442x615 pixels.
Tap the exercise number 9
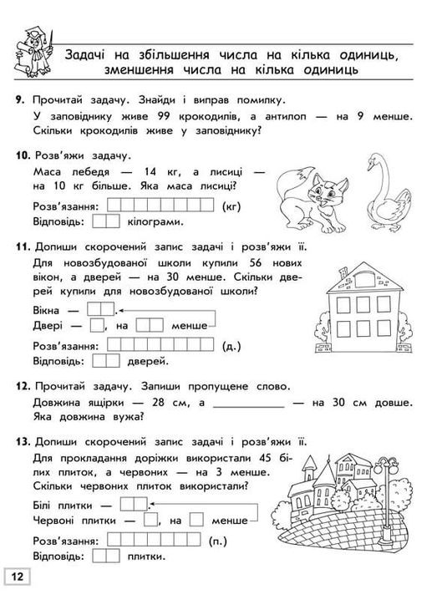click(x=19, y=100)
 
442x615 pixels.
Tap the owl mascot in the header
click(x=33, y=49)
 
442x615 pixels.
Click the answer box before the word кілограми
click(x=106, y=222)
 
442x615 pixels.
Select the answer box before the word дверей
click(x=106, y=361)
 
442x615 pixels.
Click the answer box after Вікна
click(x=99, y=309)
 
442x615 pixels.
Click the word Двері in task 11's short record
click(x=48, y=325)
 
